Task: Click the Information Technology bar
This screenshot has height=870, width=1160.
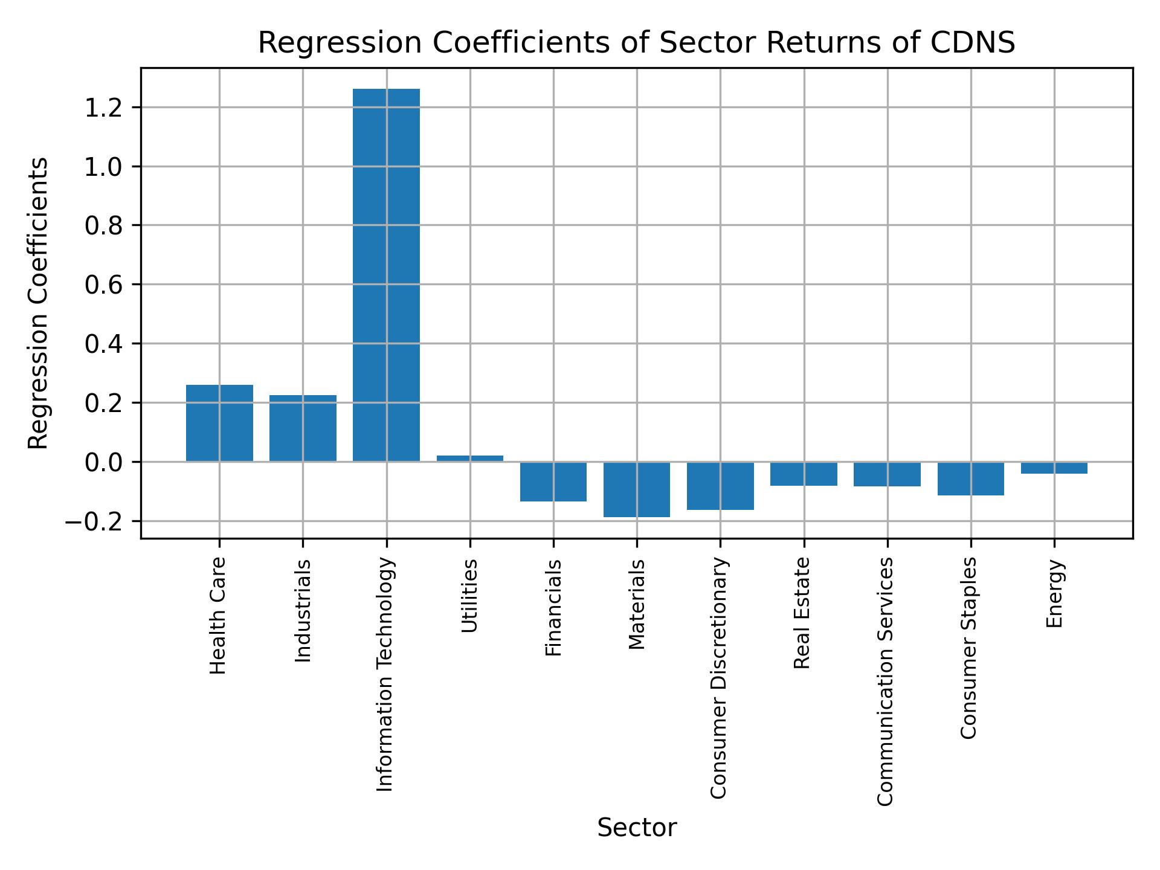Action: pyautogui.click(x=386, y=275)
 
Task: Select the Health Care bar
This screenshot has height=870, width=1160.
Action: pyautogui.click(x=219, y=423)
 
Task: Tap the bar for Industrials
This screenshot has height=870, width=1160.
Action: pyautogui.click(x=303, y=428)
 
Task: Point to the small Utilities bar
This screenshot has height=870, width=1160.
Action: pyautogui.click(x=469, y=459)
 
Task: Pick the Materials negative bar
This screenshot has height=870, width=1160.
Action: pyautogui.click(x=637, y=489)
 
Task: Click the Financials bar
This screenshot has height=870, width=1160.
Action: pyautogui.click(x=553, y=482)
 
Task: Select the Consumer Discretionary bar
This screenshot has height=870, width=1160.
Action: pyautogui.click(x=720, y=486)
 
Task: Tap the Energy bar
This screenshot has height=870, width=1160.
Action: pyautogui.click(x=1054, y=468)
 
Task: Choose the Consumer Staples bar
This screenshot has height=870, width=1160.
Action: pyautogui.click(x=971, y=478)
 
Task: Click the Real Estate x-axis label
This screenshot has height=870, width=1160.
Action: pyautogui.click(x=802, y=613)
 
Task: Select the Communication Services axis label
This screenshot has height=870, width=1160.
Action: pyautogui.click(x=885, y=681)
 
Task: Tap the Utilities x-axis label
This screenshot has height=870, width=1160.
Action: pyautogui.click(x=469, y=595)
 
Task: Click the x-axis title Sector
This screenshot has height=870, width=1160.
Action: pyautogui.click(x=637, y=828)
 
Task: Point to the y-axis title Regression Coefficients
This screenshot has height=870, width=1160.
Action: pyautogui.click(x=39, y=303)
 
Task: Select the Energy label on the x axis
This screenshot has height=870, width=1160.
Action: pyautogui.click(x=1054, y=593)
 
